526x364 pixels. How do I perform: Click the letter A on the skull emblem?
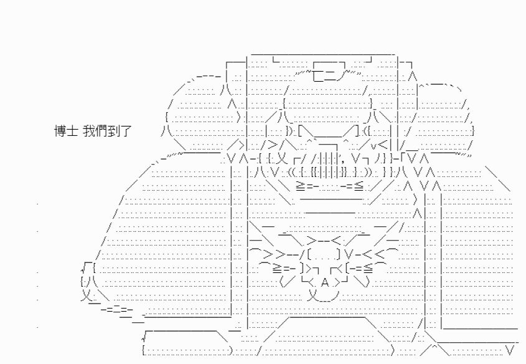[x=325, y=283]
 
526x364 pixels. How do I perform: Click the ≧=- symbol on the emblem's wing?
[x=284, y=268]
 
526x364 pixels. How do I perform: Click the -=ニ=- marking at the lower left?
[x=117, y=309]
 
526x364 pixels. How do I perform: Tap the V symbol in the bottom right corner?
[x=510, y=351]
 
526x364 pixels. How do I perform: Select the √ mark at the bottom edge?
[x=144, y=335]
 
